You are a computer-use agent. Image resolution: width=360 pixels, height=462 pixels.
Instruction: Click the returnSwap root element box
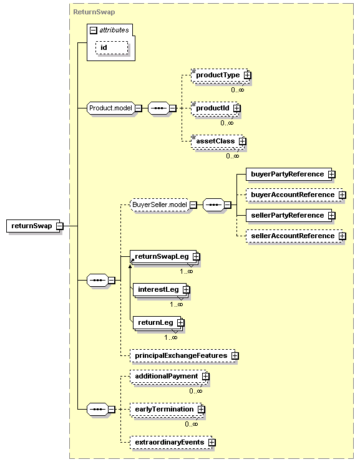[x=31, y=226]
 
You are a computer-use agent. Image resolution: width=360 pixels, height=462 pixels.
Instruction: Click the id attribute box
[x=104, y=48]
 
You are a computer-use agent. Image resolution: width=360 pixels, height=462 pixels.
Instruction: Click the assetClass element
[x=215, y=141]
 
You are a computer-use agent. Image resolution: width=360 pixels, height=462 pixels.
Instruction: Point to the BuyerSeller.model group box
[x=159, y=205]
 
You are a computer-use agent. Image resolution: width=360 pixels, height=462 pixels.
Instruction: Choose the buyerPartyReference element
[x=287, y=174]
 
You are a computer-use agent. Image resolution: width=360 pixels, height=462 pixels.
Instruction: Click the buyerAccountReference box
[x=292, y=195]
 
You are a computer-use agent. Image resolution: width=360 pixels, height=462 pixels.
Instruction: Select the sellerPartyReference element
[x=287, y=215]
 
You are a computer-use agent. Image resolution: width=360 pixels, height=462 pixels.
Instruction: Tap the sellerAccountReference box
[x=292, y=236]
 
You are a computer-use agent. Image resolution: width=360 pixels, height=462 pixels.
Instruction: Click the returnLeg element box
[x=154, y=322]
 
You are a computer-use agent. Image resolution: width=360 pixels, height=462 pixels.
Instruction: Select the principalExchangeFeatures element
[x=180, y=355]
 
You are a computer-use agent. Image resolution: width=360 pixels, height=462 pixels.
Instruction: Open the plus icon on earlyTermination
[x=201, y=409]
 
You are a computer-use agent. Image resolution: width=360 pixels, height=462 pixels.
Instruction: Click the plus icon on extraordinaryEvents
[x=212, y=442]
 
